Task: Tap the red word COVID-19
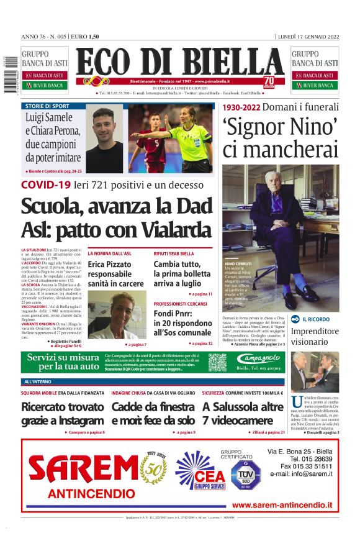tap(45, 184)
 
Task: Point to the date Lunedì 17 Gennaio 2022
tap(308, 37)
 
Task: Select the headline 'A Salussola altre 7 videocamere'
tap(243, 414)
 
